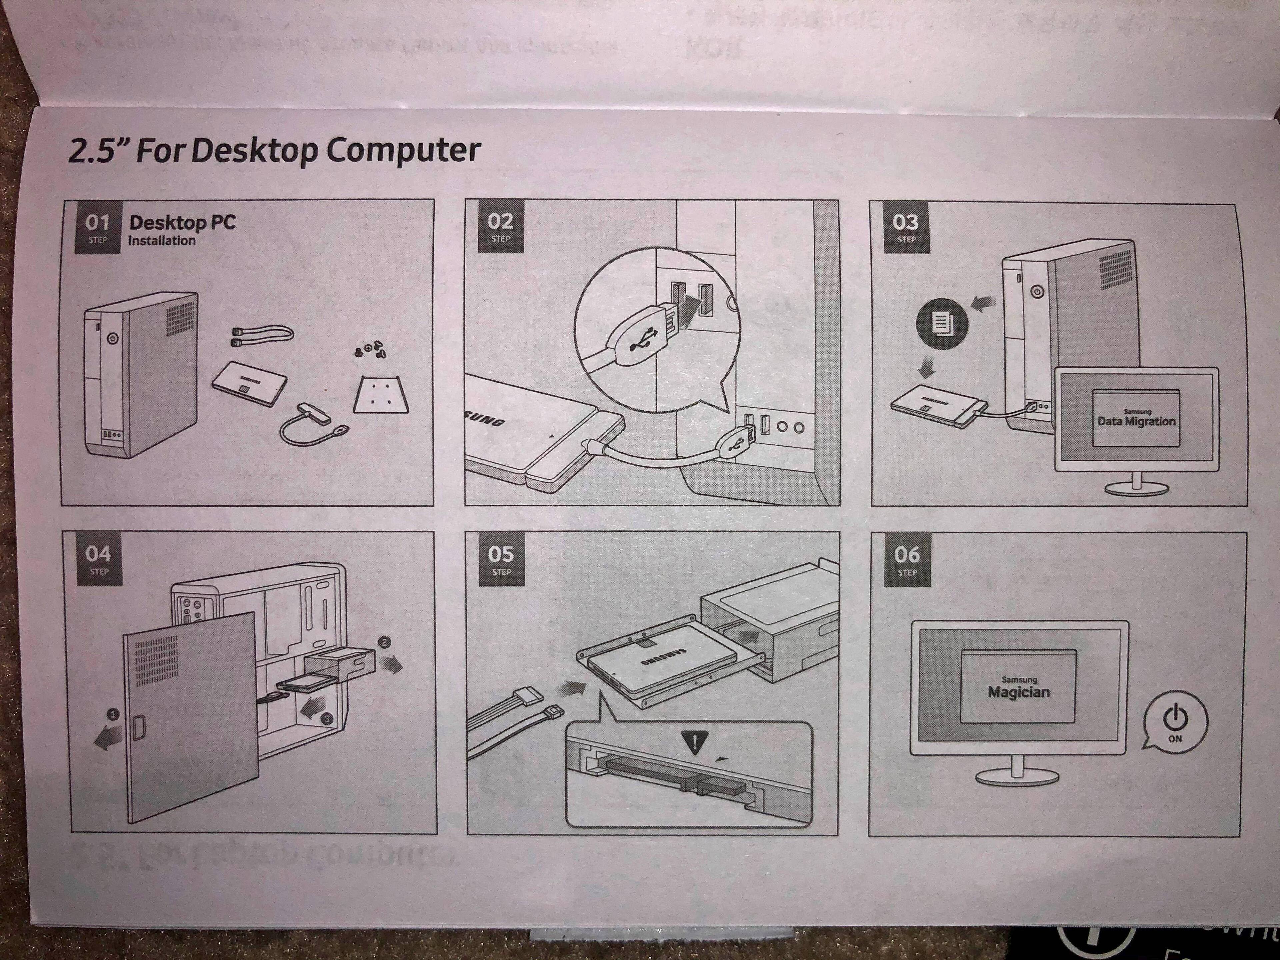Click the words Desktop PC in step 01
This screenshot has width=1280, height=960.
tap(182, 222)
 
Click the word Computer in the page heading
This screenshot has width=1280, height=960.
tap(403, 150)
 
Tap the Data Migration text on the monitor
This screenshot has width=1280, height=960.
tap(1136, 421)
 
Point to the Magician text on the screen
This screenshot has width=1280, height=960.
tap(1018, 692)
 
